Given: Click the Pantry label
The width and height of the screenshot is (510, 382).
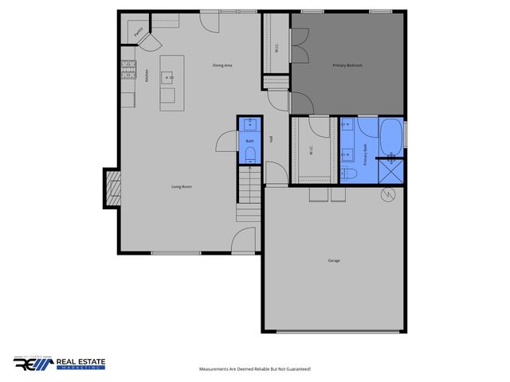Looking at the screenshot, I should (x=139, y=33).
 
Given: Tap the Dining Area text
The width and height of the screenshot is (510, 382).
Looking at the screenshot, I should (x=222, y=65).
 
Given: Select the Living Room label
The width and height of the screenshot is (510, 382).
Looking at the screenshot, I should (x=182, y=187).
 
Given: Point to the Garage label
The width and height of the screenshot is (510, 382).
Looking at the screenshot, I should (x=333, y=260).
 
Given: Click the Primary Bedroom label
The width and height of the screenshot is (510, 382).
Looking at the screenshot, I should (x=347, y=65).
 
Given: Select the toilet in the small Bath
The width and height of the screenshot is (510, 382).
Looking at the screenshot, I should (x=249, y=154).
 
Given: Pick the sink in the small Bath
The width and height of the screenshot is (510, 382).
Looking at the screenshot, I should (x=249, y=124).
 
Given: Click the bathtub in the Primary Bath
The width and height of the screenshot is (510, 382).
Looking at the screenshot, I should (x=390, y=138).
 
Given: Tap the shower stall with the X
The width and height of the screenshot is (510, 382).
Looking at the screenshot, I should (x=391, y=172).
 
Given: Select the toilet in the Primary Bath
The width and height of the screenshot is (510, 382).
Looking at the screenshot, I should (x=347, y=173).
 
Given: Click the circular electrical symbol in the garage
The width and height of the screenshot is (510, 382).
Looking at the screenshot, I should (x=386, y=195).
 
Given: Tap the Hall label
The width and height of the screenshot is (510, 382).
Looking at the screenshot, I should (x=271, y=139).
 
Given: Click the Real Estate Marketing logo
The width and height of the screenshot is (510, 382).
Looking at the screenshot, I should (x=59, y=364).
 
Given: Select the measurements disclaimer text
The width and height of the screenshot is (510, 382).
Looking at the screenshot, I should (x=254, y=369).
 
